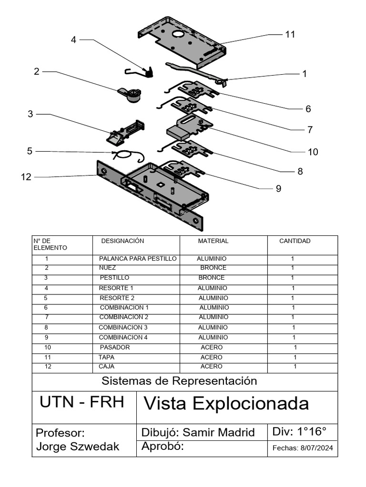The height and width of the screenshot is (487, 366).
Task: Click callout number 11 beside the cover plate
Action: click(x=290, y=34)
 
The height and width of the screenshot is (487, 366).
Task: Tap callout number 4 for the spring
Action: click(x=73, y=39)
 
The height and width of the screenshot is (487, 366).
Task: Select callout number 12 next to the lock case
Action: click(x=26, y=177)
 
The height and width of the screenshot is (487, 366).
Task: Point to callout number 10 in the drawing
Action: click(x=313, y=152)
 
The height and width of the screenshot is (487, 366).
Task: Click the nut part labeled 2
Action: click(x=130, y=94)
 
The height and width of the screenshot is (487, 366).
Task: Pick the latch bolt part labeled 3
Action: click(x=125, y=132)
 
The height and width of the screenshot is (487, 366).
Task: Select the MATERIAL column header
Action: click(x=213, y=241)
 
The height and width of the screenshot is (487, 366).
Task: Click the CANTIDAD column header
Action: click(x=295, y=241)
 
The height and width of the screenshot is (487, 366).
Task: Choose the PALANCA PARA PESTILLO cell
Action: click(x=138, y=259)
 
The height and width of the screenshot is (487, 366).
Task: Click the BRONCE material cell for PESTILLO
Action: click(x=212, y=277)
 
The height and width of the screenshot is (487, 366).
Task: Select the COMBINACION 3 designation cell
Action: click(x=123, y=327)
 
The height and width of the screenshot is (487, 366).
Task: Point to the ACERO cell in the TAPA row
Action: click(x=211, y=357)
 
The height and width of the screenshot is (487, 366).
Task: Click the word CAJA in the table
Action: click(x=106, y=367)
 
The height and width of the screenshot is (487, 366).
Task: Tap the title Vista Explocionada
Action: click(x=226, y=404)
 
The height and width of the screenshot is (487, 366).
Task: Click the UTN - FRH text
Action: click(x=82, y=402)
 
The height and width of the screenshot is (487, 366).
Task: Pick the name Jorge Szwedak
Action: click(x=78, y=447)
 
